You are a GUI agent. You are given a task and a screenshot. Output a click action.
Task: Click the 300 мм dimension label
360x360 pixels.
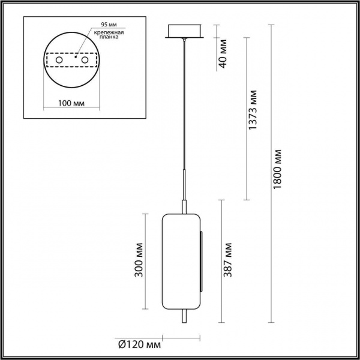[x=139, y=262]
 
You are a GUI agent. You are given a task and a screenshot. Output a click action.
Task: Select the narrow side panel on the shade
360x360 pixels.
[x=202, y=258]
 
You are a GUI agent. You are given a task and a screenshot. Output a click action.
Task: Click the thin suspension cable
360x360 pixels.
[x=184, y=108]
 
